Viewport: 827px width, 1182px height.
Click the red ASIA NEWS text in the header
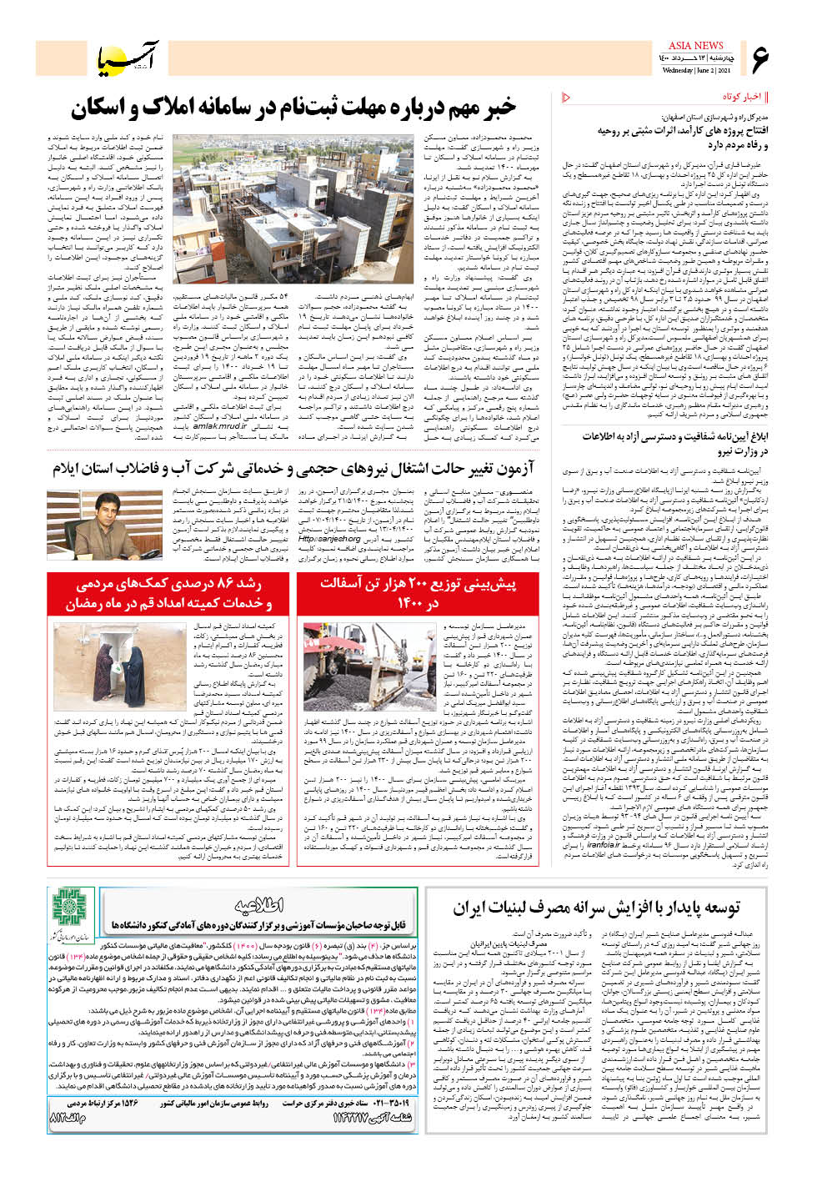(696, 46)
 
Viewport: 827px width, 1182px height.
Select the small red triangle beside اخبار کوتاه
(567, 98)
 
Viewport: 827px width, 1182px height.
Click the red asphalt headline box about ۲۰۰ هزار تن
(418, 593)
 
